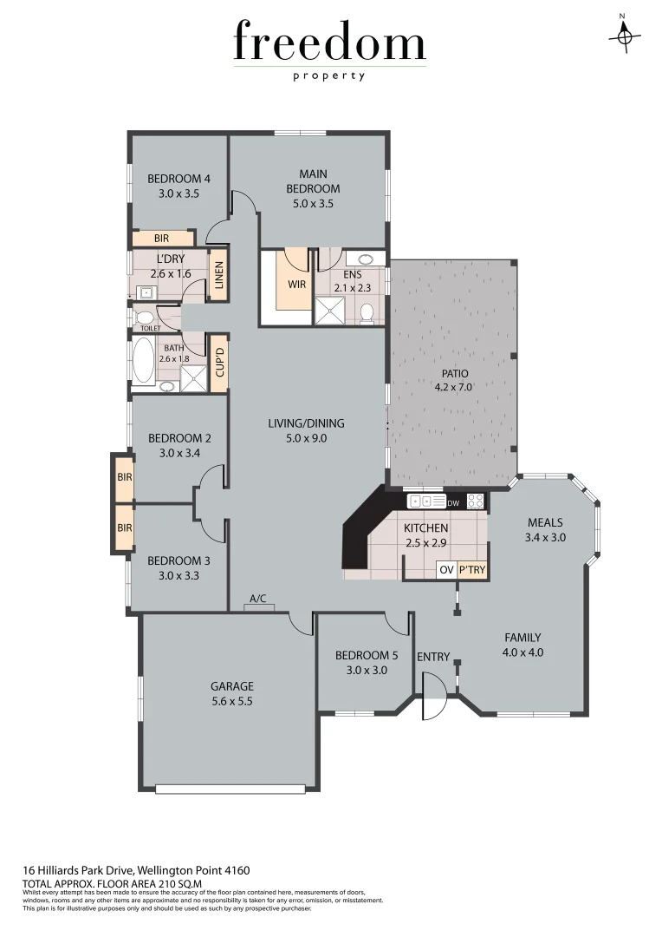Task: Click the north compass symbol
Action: point(623,36)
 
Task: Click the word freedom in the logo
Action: point(329,43)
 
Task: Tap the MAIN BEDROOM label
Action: point(313,181)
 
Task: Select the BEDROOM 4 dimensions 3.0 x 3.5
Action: point(179,194)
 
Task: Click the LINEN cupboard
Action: point(219,275)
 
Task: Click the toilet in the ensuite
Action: point(367,311)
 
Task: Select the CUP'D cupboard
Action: point(219,362)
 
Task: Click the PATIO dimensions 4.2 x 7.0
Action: point(453,388)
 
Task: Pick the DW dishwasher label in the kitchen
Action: point(452,502)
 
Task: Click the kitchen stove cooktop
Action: point(476,501)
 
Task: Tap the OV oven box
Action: point(446,570)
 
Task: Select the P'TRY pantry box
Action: point(472,570)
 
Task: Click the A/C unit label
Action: point(258,599)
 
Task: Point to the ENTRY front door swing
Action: point(432,697)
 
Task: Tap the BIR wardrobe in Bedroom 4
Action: point(162,238)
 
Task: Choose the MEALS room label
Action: point(545,522)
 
